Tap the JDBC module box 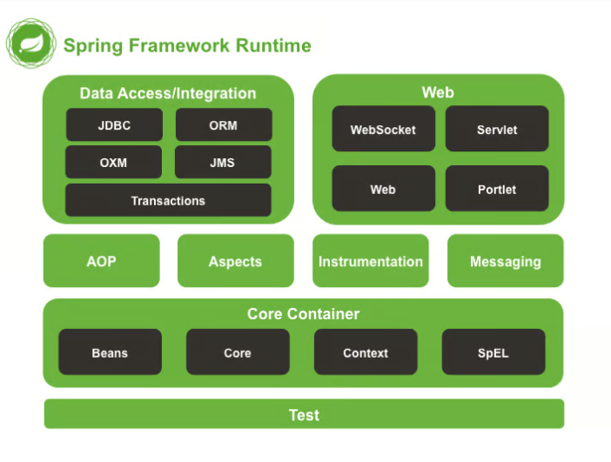click(114, 125)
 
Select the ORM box click(223, 125)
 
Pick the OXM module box click(113, 163)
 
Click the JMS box click(222, 163)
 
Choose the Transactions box click(168, 201)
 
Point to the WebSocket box click(383, 130)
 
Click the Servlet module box click(497, 130)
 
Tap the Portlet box click(497, 189)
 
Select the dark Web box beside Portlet click(383, 189)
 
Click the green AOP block click(102, 261)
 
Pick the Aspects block click(235, 261)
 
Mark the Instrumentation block click(371, 261)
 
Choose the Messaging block click(506, 261)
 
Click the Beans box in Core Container click(110, 352)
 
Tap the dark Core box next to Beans click(237, 352)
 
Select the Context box click(366, 352)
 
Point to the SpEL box click(493, 352)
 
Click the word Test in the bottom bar click(304, 415)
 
